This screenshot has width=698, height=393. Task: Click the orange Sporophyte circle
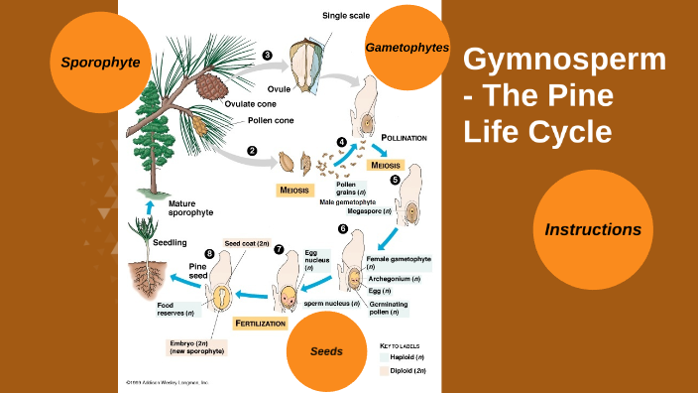point(100,62)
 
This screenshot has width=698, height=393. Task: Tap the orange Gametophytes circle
point(407,48)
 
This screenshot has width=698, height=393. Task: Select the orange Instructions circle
point(592,229)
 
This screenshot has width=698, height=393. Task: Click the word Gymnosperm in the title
point(565,60)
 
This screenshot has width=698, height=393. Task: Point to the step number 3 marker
point(267,56)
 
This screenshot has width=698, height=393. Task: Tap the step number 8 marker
point(209,254)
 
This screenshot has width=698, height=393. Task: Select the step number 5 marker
point(395,180)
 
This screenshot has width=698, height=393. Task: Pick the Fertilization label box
point(261,324)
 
